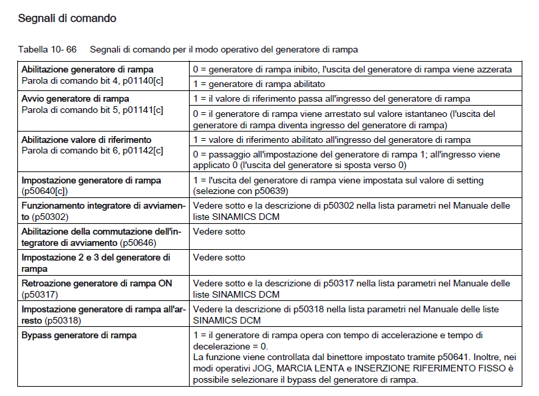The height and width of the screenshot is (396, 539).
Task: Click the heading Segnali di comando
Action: click(67, 19)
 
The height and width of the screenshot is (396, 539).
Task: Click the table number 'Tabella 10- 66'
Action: click(47, 50)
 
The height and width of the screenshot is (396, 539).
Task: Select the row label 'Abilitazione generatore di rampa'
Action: click(87, 69)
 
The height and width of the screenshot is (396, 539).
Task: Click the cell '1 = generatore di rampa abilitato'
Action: click(258, 84)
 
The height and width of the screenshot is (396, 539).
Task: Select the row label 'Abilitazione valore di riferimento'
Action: click(87, 140)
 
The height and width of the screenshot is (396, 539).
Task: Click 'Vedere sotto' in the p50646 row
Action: click(219, 232)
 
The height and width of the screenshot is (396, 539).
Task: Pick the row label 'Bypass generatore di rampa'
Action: click(79, 336)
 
